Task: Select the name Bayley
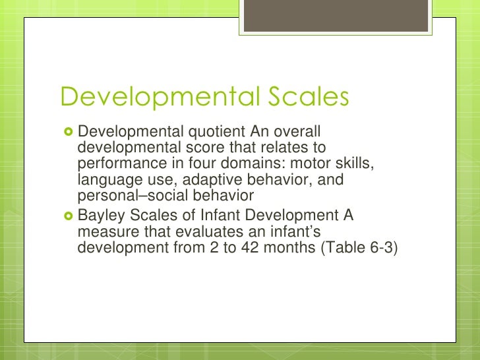coord(98,216)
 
